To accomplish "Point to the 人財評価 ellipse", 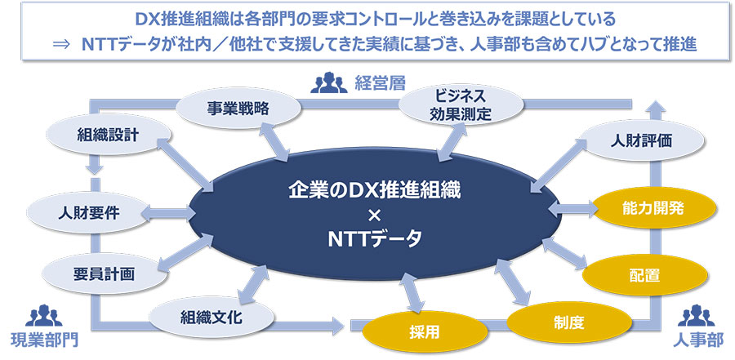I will click(641, 140).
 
